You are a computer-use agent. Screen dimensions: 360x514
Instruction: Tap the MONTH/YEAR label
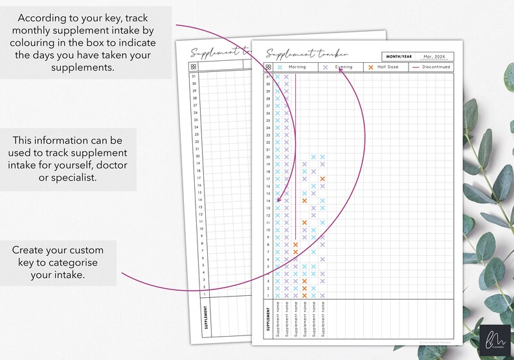click(398, 56)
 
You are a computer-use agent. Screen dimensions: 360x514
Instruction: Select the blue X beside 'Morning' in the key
click(280, 67)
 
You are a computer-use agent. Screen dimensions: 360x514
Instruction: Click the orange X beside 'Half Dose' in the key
click(370, 67)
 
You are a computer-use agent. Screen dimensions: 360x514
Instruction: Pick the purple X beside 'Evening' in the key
click(325, 67)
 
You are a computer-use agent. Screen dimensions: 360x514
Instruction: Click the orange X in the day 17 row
click(322, 179)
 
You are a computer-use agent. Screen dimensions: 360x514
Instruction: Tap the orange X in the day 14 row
click(304, 201)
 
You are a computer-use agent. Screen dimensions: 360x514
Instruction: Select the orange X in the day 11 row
click(304, 223)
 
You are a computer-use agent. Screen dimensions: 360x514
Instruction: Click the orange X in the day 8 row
click(295, 245)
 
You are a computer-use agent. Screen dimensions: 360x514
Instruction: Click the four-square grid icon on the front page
click(268, 67)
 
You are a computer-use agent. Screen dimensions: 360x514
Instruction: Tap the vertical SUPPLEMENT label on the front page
click(267, 319)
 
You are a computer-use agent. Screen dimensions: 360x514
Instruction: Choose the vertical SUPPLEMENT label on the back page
click(206, 317)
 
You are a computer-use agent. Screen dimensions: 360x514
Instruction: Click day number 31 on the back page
click(194, 77)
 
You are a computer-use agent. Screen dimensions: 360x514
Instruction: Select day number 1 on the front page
click(268, 295)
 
